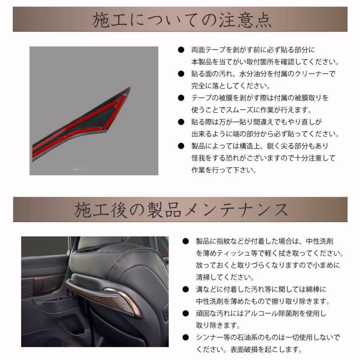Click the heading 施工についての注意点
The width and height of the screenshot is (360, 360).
(180, 20)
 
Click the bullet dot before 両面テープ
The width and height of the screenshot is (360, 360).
(181, 50)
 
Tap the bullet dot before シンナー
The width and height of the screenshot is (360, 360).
(185, 337)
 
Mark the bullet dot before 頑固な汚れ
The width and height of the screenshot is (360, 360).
(185, 313)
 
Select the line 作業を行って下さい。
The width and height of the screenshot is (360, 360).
(223, 170)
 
